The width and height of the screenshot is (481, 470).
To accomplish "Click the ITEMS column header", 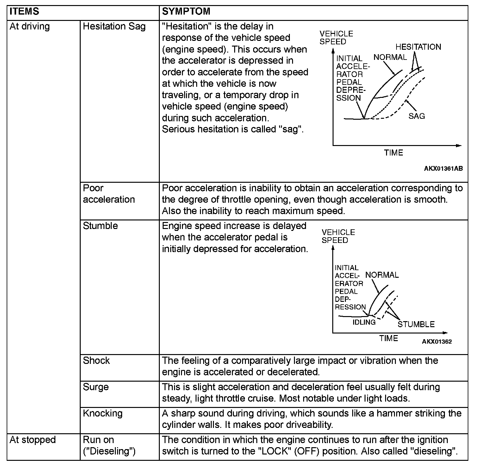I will click(x=24, y=12).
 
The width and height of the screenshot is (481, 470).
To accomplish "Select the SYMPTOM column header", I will click(x=186, y=12).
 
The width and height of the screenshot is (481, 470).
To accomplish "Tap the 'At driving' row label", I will click(x=30, y=26).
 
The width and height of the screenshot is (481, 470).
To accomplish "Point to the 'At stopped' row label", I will click(x=33, y=440).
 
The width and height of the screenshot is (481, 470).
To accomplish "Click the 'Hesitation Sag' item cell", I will click(x=114, y=26).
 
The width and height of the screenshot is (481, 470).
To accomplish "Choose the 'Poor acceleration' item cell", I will click(x=109, y=194).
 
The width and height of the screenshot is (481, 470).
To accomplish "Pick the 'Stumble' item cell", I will click(x=100, y=226).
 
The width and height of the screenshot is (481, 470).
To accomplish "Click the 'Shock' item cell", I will click(x=96, y=360).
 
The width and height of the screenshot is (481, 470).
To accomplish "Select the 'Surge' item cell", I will click(x=96, y=387).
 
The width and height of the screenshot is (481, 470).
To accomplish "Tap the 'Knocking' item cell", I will click(x=103, y=413).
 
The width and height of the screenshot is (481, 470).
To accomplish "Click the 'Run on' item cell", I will click(x=109, y=445).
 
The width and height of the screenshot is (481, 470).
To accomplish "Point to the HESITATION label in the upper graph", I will click(x=418, y=47).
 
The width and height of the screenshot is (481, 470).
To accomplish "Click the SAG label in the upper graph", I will click(x=416, y=116).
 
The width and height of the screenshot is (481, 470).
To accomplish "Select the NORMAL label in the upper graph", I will click(x=390, y=57).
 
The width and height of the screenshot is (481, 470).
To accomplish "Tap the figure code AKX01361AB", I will click(x=443, y=168).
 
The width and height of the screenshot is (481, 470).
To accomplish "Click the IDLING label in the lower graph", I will click(x=364, y=322).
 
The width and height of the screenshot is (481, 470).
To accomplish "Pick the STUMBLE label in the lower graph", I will click(x=416, y=324).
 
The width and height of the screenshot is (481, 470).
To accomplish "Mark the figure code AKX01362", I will click(x=436, y=341).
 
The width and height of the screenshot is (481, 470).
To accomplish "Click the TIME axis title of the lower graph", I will click(x=389, y=338).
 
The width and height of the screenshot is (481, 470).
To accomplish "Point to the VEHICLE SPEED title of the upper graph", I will click(x=336, y=38).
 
